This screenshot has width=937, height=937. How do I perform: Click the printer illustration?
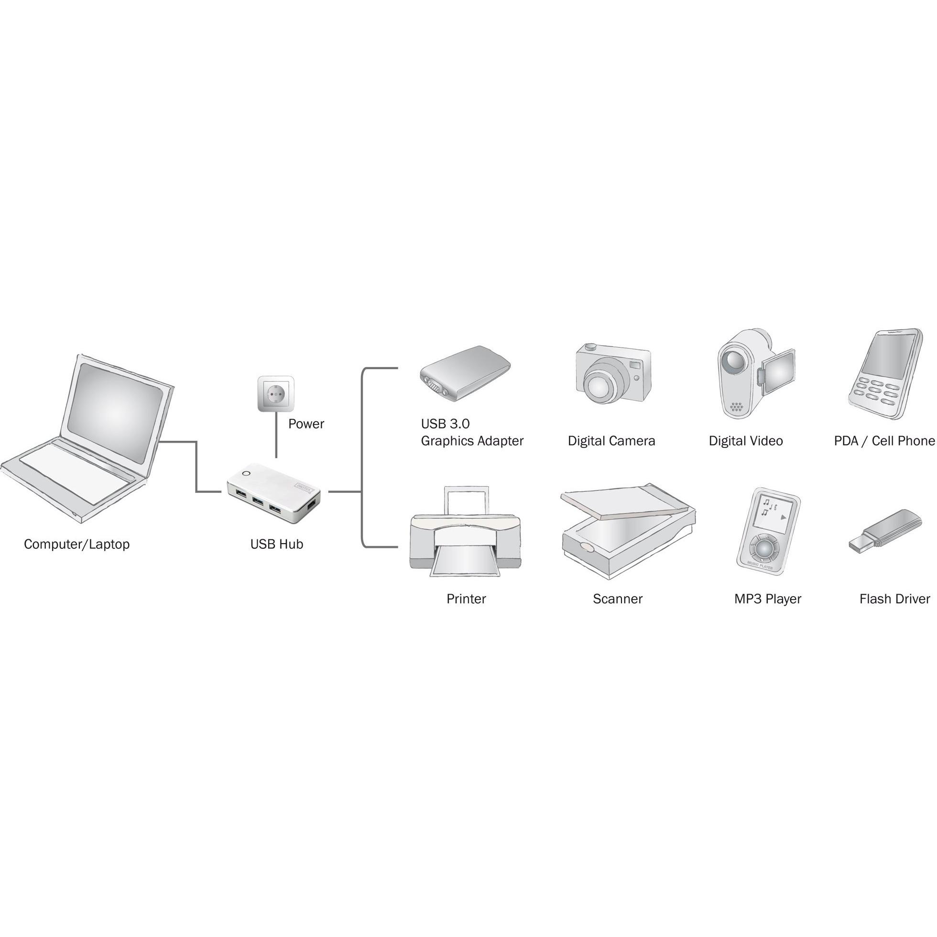click(466, 532)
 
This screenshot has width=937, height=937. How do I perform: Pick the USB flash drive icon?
click(885, 532)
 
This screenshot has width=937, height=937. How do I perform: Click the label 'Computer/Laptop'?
click(76, 544)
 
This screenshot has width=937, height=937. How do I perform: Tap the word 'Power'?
click(306, 424)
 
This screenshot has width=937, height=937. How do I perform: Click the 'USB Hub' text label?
click(276, 544)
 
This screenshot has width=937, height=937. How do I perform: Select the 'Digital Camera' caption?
click(611, 441)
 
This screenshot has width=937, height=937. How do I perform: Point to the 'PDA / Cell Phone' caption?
click(884, 441)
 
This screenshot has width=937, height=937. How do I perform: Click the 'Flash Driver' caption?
click(894, 599)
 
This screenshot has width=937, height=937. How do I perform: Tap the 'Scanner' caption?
click(617, 599)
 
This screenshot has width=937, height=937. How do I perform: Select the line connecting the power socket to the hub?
click(276, 435)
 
